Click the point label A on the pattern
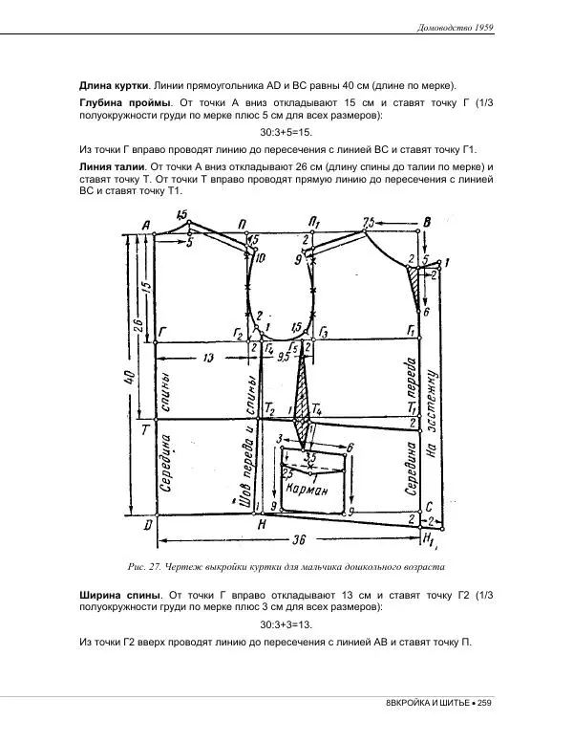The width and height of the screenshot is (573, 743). click(146, 226)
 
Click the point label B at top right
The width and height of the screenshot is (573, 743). click(427, 223)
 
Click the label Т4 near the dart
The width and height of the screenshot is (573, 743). click(317, 409)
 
